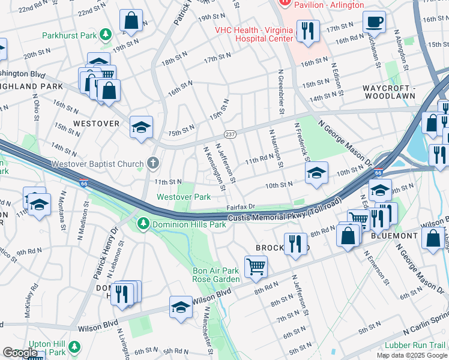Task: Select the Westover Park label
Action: (x=183, y=197)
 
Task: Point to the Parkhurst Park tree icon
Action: (x=106, y=35)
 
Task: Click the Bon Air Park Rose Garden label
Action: (x=215, y=275)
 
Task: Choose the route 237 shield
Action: (x=229, y=134)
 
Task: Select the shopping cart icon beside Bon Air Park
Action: (x=256, y=266)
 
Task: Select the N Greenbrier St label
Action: (x=280, y=92)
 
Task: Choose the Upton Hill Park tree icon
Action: (x=74, y=346)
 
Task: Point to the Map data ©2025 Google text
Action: (x=412, y=355)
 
